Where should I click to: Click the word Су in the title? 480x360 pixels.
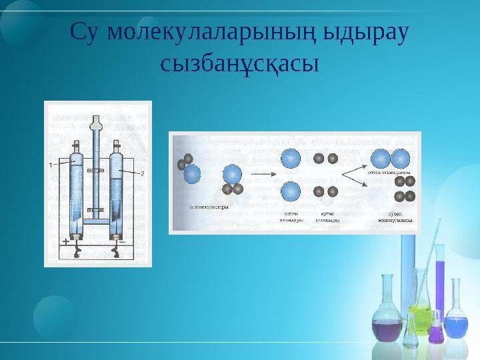[85, 32]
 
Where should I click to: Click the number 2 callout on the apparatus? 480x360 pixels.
[142, 173]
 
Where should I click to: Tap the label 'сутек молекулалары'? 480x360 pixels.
[393, 216]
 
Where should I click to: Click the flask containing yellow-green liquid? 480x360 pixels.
[420, 313]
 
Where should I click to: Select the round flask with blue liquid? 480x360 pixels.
[456, 327]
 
